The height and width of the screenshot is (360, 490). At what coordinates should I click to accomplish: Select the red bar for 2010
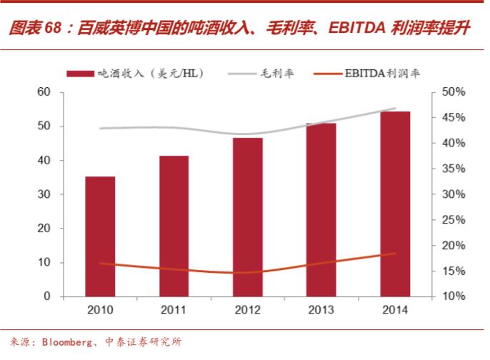tap(100, 236)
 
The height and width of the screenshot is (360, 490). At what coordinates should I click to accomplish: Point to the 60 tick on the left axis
tap(44, 92)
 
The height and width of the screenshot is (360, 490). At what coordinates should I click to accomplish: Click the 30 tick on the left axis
tap(44, 194)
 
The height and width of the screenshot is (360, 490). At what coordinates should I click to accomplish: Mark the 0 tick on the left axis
tap(47, 296)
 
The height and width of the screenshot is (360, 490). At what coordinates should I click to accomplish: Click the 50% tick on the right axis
tap(452, 92)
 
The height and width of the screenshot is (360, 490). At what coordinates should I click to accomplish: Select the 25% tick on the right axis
tap(452, 219)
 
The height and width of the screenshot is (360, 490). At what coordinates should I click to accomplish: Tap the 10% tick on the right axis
tap(452, 296)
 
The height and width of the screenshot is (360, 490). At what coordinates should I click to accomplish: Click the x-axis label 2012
tap(248, 310)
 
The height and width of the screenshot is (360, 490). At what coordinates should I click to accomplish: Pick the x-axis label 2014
tap(395, 310)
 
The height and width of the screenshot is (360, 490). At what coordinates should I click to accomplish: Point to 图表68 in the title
tap(33, 29)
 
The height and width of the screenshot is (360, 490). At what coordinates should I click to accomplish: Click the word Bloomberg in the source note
tap(66, 341)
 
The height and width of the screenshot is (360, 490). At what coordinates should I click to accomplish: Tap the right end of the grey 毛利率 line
tap(395, 109)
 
